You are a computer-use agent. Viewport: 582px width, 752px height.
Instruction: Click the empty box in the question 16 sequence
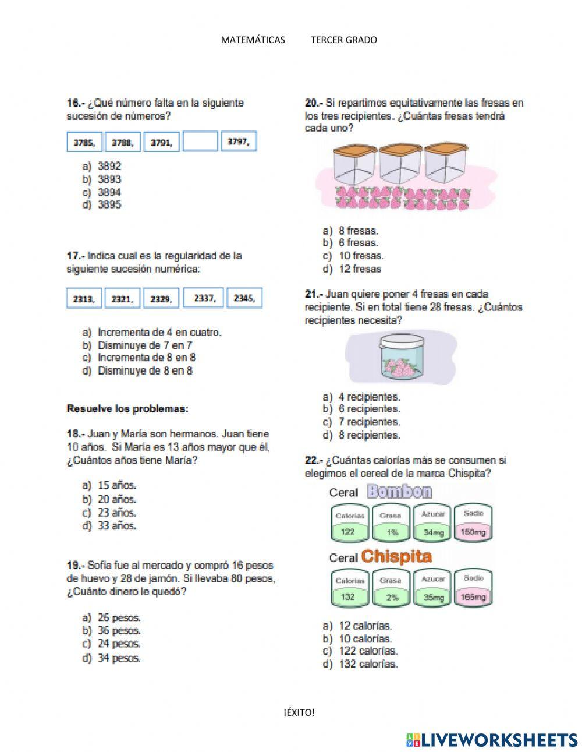click(200, 142)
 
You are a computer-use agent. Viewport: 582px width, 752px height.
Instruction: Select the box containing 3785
click(85, 142)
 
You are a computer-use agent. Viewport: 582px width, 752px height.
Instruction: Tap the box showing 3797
click(239, 142)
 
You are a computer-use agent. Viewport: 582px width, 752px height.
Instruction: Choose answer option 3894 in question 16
click(109, 192)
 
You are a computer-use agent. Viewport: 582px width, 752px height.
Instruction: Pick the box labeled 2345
click(244, 298)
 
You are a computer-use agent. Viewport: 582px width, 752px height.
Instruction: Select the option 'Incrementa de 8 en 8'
click(146, 358)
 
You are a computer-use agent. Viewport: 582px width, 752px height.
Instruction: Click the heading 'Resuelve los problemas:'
click(127, 409)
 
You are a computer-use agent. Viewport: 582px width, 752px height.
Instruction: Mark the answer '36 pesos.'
click(119, 630)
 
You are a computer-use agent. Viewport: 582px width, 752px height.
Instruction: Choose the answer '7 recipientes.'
click(369, 422)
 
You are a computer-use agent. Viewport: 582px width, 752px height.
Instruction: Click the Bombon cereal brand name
click(399, 492)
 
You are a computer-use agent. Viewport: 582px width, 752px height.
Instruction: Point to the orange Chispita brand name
click(396, 557)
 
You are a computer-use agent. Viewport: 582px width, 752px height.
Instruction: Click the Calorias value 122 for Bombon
click(348, 532)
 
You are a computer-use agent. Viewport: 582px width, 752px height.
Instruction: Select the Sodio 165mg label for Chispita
click(473, 597)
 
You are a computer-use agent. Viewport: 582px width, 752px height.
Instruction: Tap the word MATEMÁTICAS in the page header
click(253, 40)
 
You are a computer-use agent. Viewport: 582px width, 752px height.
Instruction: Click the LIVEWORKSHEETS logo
click(492, 740)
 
